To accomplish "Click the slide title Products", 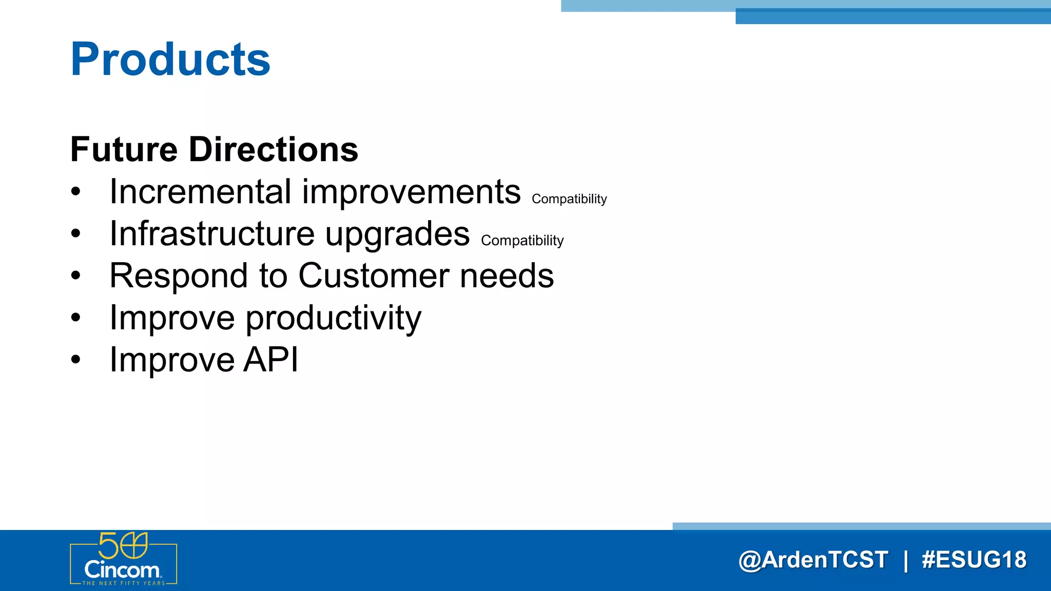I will tap(170, 60).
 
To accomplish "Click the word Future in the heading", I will tap(124, 150).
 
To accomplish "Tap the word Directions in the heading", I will tap(273, 150).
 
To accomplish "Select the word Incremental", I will tap(201, 192).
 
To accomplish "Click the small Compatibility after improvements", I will tap(569, 199).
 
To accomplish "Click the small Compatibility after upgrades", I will tap(522, 241).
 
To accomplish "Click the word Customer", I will tap(374, 276).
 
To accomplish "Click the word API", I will tap(270, 360).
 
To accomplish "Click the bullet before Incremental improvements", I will tap(76, 192).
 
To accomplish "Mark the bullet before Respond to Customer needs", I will tap(76, 276).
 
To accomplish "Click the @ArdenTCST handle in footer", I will tap(813, 560).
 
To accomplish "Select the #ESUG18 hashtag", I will tap(974, 560).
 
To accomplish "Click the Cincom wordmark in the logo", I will tap(122, 570).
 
